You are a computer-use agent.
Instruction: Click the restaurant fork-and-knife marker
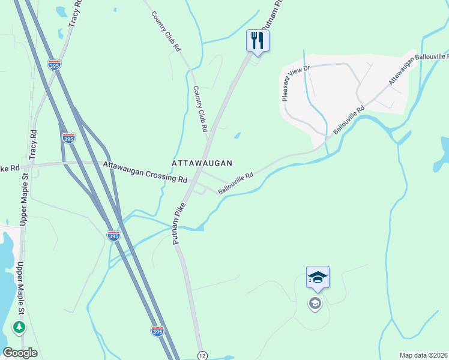coord(258,41)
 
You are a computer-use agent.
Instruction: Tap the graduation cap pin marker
coord(318,277)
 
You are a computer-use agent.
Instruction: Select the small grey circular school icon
coord(315,304)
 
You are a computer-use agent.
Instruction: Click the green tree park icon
coord(19,328)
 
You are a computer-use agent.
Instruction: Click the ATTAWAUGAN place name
coord(202,163)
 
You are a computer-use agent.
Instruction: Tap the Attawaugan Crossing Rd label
coord(145,172)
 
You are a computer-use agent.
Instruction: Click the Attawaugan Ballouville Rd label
coord(419,68)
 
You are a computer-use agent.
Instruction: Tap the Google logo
coord(20,353)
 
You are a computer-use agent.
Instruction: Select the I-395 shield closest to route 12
coord(157,331)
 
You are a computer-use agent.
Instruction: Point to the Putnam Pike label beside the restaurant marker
coord(271,15)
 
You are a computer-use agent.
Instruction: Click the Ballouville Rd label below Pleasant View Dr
coord(349,120)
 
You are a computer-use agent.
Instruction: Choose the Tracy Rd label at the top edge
coord(74,13)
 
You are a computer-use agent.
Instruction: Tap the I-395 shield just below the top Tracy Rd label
coord(55,64)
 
